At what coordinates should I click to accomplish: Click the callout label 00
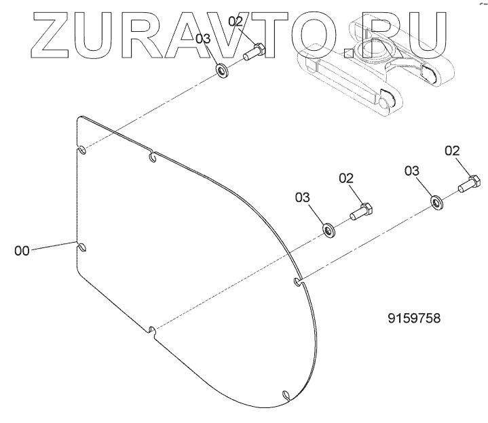pyautogui.click(x=22, y=250)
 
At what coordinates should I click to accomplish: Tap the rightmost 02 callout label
pyautogui.click(x=453, y=151)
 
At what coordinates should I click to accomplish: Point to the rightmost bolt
pyautogui.click(x=470, y=183)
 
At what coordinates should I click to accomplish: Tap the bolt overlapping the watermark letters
pyautogui.click(x=255, y=52)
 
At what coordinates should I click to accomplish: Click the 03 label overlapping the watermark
pyautogui.click(x=203, y=40)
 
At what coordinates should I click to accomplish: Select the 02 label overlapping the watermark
pyautogui.click(x=236, y=22)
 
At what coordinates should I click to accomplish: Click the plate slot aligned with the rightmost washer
pyautogui.click(x=297, y=279)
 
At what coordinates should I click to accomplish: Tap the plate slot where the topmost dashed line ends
pyautogui.click(x=80, y=150)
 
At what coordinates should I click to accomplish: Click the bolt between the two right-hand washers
pyautogui.click(x=360, y=211)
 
